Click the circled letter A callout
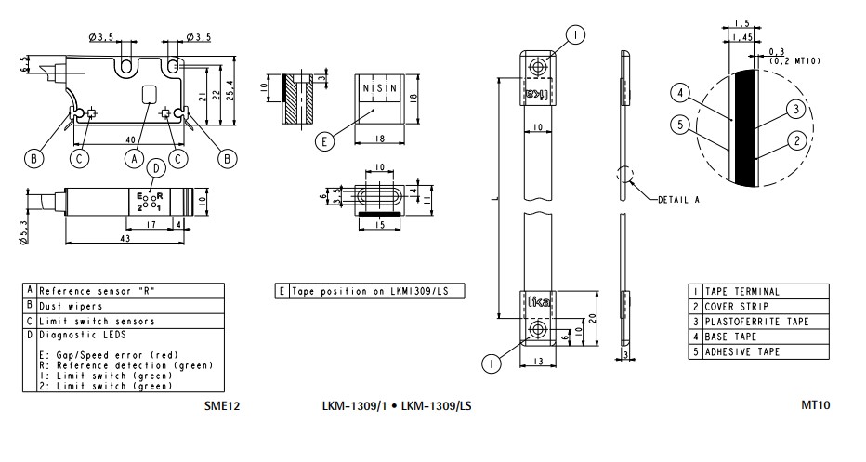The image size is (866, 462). pos(134,159)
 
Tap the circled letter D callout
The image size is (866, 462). pos(157,169)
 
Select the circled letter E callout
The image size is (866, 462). pos(324,141)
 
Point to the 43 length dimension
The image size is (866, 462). pos(125,238)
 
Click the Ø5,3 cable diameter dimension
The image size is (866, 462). pos(22,233)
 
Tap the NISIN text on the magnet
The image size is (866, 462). pos(379,88)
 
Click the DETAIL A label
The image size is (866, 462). pos(679,200)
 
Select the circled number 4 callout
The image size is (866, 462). pos(680,93)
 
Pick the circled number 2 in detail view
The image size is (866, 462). pos(796,141)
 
